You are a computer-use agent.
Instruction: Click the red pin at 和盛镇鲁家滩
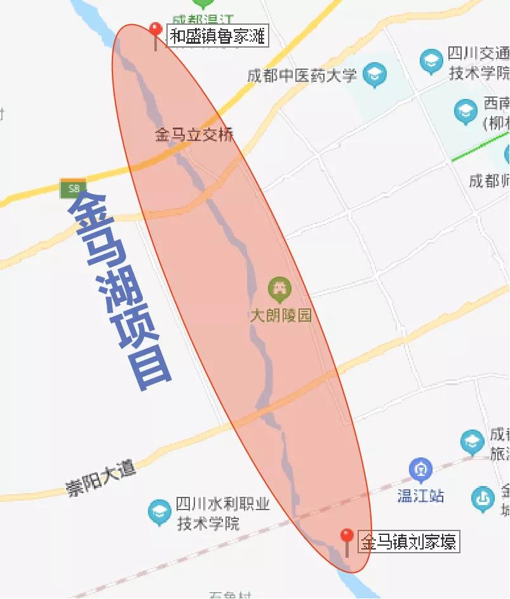coord(156,30)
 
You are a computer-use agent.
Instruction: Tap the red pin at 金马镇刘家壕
coord(347,537)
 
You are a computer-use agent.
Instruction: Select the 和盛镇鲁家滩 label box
coord(217,36)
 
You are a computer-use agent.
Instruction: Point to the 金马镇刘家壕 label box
coord(408,543)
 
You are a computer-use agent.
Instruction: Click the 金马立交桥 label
coord(194,135)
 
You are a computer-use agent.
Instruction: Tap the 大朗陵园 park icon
coord(279,289)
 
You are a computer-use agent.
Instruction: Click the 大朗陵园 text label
coord(281,316)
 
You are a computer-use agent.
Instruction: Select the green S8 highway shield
coord(74,188)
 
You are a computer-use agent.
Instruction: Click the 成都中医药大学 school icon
coord(375,75)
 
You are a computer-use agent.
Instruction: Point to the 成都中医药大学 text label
coord(302,76)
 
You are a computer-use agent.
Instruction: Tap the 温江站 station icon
coord(420,471)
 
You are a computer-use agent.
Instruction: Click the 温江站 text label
coord(420,496)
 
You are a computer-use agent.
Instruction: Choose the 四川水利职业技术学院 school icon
coord(159,513)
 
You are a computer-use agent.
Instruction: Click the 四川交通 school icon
coord(432,62)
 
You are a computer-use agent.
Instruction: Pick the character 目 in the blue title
coord(150,367)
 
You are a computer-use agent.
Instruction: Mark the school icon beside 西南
coord(466,112)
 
